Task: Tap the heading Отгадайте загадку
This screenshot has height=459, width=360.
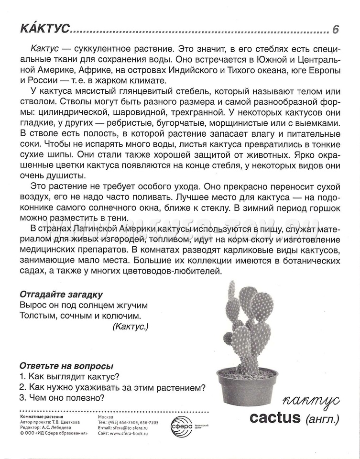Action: tap(62, 294)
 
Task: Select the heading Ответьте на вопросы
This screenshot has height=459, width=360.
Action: tap(66, 366)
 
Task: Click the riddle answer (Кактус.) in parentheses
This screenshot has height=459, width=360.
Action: tap(131, 327)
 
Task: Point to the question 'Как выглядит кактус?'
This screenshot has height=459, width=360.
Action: tap(69, 376)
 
